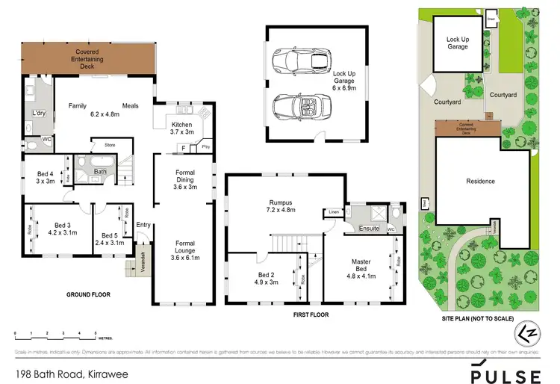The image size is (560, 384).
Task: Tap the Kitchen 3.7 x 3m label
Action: tap(183, 128)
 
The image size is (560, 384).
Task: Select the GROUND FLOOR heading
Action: tap(88, 294)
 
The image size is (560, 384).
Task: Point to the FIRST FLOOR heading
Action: tap(308, 315)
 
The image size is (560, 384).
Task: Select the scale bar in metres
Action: tap(56, 334)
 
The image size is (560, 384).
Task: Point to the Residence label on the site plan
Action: tap(480, 181)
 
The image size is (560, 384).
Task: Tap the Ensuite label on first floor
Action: tap(369, 228)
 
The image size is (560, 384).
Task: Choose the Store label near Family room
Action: tap(109, 144)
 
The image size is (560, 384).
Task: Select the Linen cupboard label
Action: tap(332, 212)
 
